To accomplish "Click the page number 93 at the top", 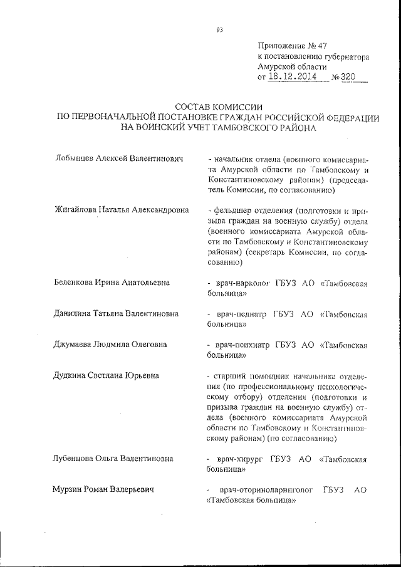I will pos(219,29).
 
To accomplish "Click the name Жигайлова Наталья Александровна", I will pos(122,211).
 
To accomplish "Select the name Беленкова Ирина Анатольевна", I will pos(112,283).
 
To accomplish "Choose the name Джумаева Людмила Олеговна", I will pos(112,344).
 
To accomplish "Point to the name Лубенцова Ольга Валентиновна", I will pos(114,459).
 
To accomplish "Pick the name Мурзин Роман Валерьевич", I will pos(104,489).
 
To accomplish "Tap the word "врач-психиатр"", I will pos(242,344).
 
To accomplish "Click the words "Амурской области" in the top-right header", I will pos(292,66).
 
